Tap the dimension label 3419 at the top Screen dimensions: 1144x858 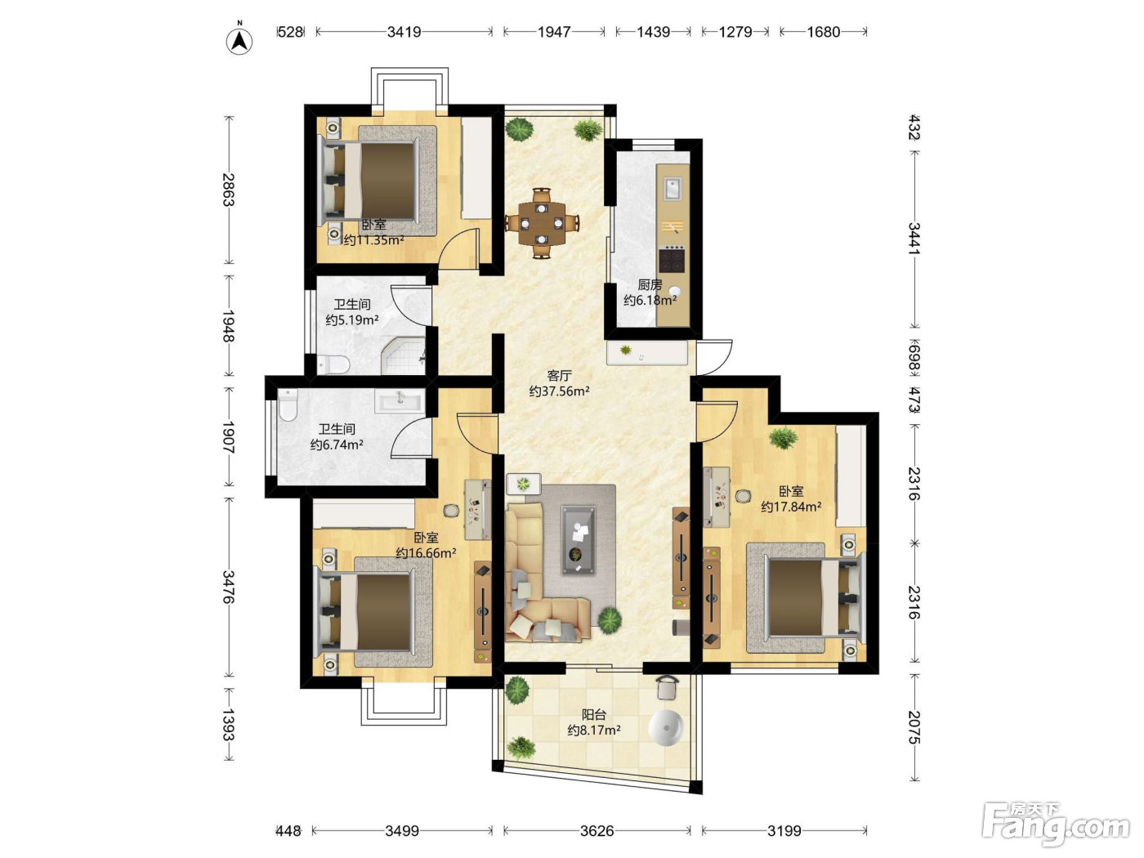point(404,33)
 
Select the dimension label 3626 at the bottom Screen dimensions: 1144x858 point(597,830)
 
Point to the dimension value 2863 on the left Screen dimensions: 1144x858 point(229,190)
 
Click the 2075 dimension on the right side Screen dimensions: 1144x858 point(914,727)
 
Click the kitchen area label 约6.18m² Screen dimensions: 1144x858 point(650,300)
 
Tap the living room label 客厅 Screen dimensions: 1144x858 point(559,375)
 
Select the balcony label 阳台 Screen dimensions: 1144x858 point(594,714)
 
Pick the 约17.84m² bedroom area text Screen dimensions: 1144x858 point(791,507)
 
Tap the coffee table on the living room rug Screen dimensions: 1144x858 point(578,539)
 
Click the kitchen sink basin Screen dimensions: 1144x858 point(672,189)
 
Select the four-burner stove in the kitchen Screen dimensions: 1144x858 point(672,259)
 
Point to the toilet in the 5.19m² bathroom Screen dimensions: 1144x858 point(333,364)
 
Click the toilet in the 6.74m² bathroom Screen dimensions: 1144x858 point(287,404)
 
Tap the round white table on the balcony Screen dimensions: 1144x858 point(665,727)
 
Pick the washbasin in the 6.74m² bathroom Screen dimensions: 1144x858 point(400,402)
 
